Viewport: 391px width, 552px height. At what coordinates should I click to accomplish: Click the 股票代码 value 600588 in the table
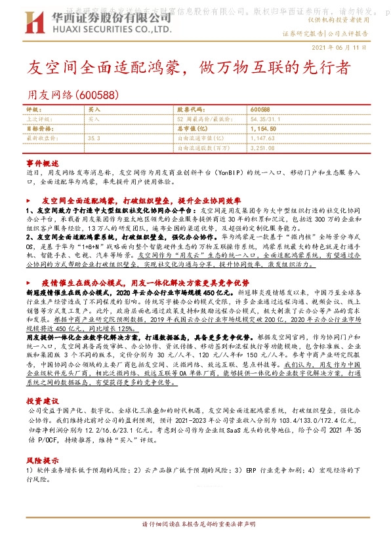pos(260,110)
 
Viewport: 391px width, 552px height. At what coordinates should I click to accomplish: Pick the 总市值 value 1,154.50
pos(263,129)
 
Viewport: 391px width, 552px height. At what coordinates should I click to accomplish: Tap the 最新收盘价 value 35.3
pos(93,139)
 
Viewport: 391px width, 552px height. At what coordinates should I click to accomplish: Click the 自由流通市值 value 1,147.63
pos(263,139)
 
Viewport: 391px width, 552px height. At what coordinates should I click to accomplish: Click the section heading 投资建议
pos(38,400)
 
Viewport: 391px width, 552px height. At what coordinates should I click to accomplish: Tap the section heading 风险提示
pos(38,462)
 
